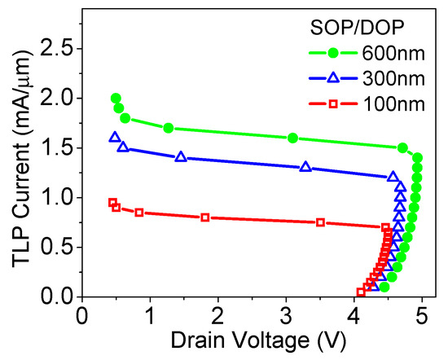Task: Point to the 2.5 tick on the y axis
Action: [x=58, y=48]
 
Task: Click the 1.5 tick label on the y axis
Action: [x=58, y=148]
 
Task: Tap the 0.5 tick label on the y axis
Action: [x=58, y=248]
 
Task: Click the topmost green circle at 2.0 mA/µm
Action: [x=116, y=98]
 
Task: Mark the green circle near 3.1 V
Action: [x=292, y=138]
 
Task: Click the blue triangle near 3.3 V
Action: [x=305, y=167]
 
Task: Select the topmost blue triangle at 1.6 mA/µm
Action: [x=115, y=138]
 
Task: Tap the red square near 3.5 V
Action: [x=320, y=222]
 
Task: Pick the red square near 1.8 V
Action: [x=204, y=217]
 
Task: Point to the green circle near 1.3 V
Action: [x=169, y=128]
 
